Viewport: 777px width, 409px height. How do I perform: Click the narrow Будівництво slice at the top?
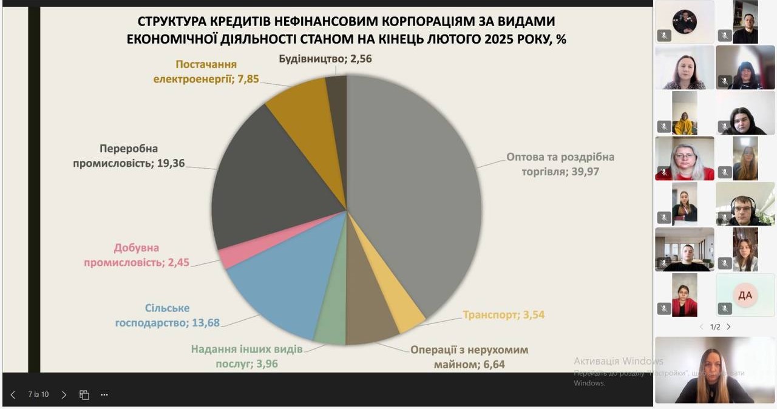point(338,97)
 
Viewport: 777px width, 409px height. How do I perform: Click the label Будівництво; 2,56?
point(325,59)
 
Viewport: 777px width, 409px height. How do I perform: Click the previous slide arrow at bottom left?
point(13,394)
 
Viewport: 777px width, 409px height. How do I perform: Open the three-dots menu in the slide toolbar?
point(104,394)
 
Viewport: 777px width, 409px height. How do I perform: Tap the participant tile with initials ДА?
point(745,295)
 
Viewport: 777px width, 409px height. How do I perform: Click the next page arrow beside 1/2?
point(728,326)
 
